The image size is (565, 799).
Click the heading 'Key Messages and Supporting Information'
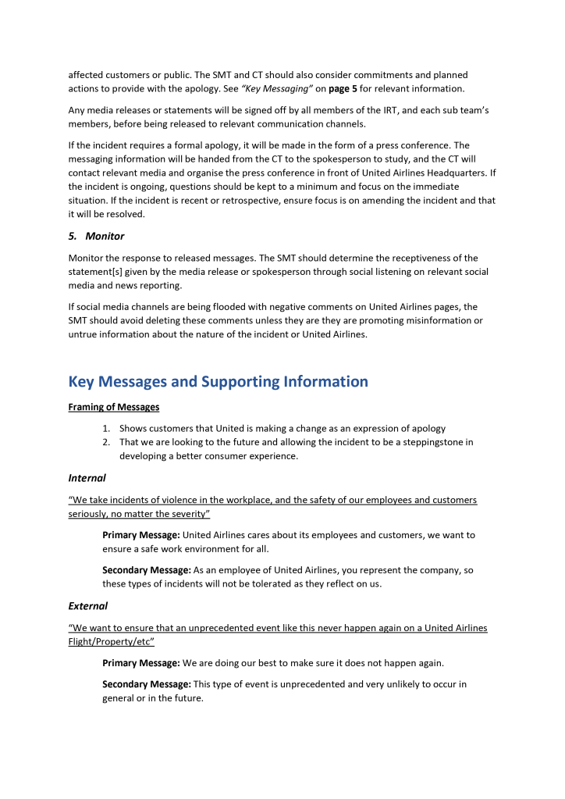[218, 381]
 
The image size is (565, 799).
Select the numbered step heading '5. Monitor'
[96, 235]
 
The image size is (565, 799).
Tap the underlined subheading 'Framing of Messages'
[113, 407]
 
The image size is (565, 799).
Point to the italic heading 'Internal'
[87, 477]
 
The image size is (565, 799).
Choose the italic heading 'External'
[87, 605]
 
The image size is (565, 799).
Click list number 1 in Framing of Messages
[107, 428]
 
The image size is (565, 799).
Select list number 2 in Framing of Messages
[107, 442]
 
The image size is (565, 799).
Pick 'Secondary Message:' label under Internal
[147, 570]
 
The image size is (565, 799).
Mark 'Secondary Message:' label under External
[147, 684]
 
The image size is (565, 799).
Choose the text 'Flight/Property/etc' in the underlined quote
[110, 642]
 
